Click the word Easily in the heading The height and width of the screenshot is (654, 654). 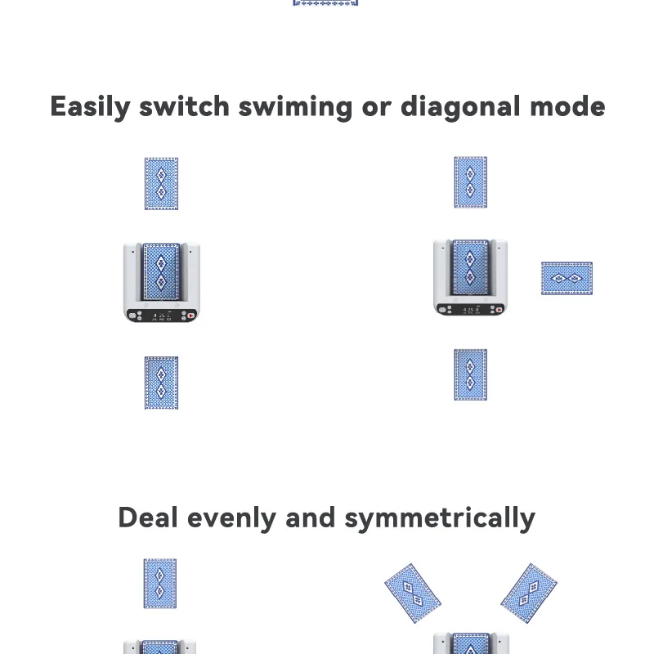(89, 107)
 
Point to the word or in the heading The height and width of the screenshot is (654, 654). (375, 107)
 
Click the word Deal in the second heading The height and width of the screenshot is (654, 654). (148, 517)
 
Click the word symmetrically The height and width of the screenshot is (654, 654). (440, 518)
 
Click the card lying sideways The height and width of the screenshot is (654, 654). (567, 278)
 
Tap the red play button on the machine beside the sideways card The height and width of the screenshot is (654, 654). (499, 311)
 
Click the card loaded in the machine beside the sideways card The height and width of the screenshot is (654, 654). (470, 266)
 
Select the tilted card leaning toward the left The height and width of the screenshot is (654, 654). (413, 593)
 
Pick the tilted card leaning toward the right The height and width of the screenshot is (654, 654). (529, 593)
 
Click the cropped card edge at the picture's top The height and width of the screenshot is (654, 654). (325, 3)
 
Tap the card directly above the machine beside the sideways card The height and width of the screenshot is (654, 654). (470, 181)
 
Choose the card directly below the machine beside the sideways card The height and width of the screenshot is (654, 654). (470, 374)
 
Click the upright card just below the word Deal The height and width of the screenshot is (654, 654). (160, 583)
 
